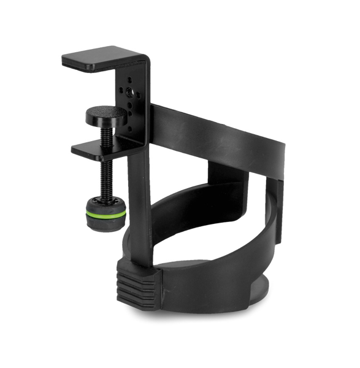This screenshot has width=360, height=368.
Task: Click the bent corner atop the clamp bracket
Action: pyautogui.click(x=145, y=61)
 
